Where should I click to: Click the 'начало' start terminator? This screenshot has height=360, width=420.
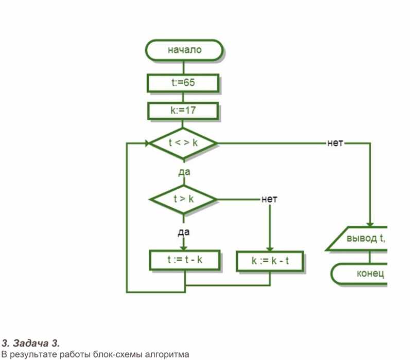[x=184, y=50]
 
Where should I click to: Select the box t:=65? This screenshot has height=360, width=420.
[x=183, y=83]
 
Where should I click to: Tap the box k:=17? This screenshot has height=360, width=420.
[x=183, y=111]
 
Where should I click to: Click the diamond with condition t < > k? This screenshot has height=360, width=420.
[x=183, y=143]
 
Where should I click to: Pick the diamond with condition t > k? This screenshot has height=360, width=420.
[x=183, y=200]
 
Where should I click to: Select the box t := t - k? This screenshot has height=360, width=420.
[x=185, y=260]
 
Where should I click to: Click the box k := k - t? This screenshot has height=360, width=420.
[x=270, y=261]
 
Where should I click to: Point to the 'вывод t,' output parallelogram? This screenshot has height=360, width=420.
[x=357, y=239]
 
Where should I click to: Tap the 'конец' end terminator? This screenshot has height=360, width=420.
[x=359, y=274]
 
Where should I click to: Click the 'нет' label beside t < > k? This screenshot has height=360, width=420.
[x=335, y=143]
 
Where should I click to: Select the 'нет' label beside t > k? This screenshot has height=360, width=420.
[x=269, y=199]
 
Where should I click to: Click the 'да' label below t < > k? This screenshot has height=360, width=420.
[x=184, y=172]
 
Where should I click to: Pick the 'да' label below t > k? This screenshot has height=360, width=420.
[x=184, y=232]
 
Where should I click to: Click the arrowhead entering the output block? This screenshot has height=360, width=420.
[x=370, y=224]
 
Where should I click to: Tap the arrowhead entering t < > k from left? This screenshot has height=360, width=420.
[x=147, y=143]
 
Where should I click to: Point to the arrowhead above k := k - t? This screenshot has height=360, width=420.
[x=270, y=248]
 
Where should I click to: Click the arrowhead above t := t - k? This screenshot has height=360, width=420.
[x=184, y=247]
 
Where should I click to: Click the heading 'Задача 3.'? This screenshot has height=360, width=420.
[x=36, y=343]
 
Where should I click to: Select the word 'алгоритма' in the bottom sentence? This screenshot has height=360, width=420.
[x=167, y=355]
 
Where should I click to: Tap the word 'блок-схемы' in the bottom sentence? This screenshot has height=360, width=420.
[x=117, y=355]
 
